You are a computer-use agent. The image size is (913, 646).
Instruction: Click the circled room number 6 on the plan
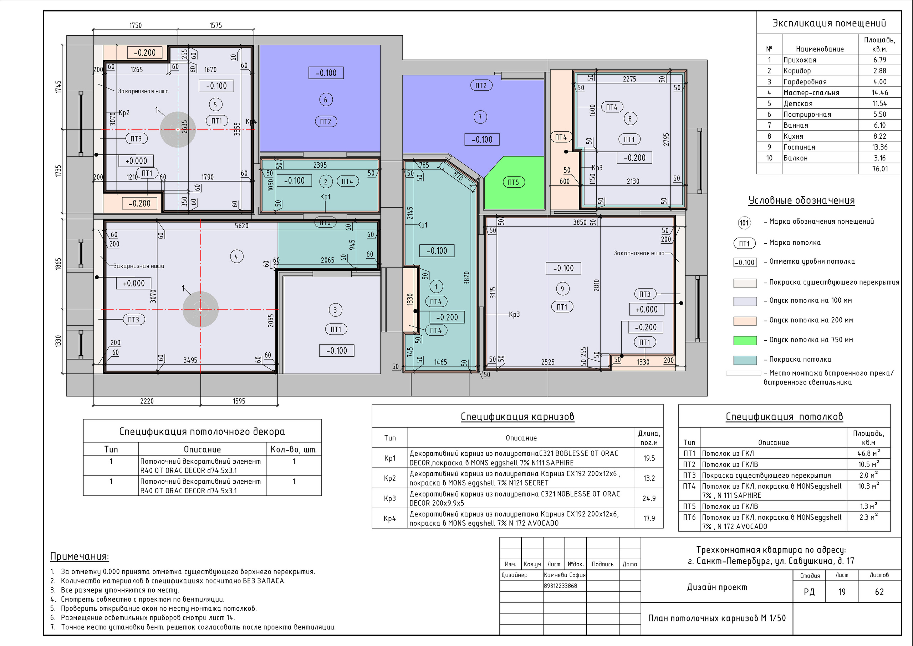(x=326, y=100)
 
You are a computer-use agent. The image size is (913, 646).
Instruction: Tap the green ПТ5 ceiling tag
(x=513, y=182)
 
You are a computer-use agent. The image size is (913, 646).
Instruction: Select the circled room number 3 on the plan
(x=335, y=310)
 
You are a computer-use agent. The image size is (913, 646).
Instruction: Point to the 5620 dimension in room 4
(x=241, y=225)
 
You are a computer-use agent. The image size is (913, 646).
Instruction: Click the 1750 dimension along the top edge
(x=135, y=25)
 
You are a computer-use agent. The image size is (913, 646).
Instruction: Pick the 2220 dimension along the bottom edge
(x=147, y=401)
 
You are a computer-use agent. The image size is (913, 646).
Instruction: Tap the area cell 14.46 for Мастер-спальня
(x=879, y=93)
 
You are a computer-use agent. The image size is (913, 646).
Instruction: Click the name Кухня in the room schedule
(x=793, y=136)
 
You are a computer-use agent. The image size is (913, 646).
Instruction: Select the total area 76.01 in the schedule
(x=880, y=169)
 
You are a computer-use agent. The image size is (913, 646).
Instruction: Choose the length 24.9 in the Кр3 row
(x=649, y=498)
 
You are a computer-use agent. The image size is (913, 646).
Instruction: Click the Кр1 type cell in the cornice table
(x=390, y=458)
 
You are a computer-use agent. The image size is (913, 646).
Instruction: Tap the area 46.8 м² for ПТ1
(x=868, y=453)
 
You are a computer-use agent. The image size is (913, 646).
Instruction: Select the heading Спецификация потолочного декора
(x=202, y=432)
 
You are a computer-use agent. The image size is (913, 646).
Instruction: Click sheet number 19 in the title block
(x=842, y=592)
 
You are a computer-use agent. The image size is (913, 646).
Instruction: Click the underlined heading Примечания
(x=80, y=556)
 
